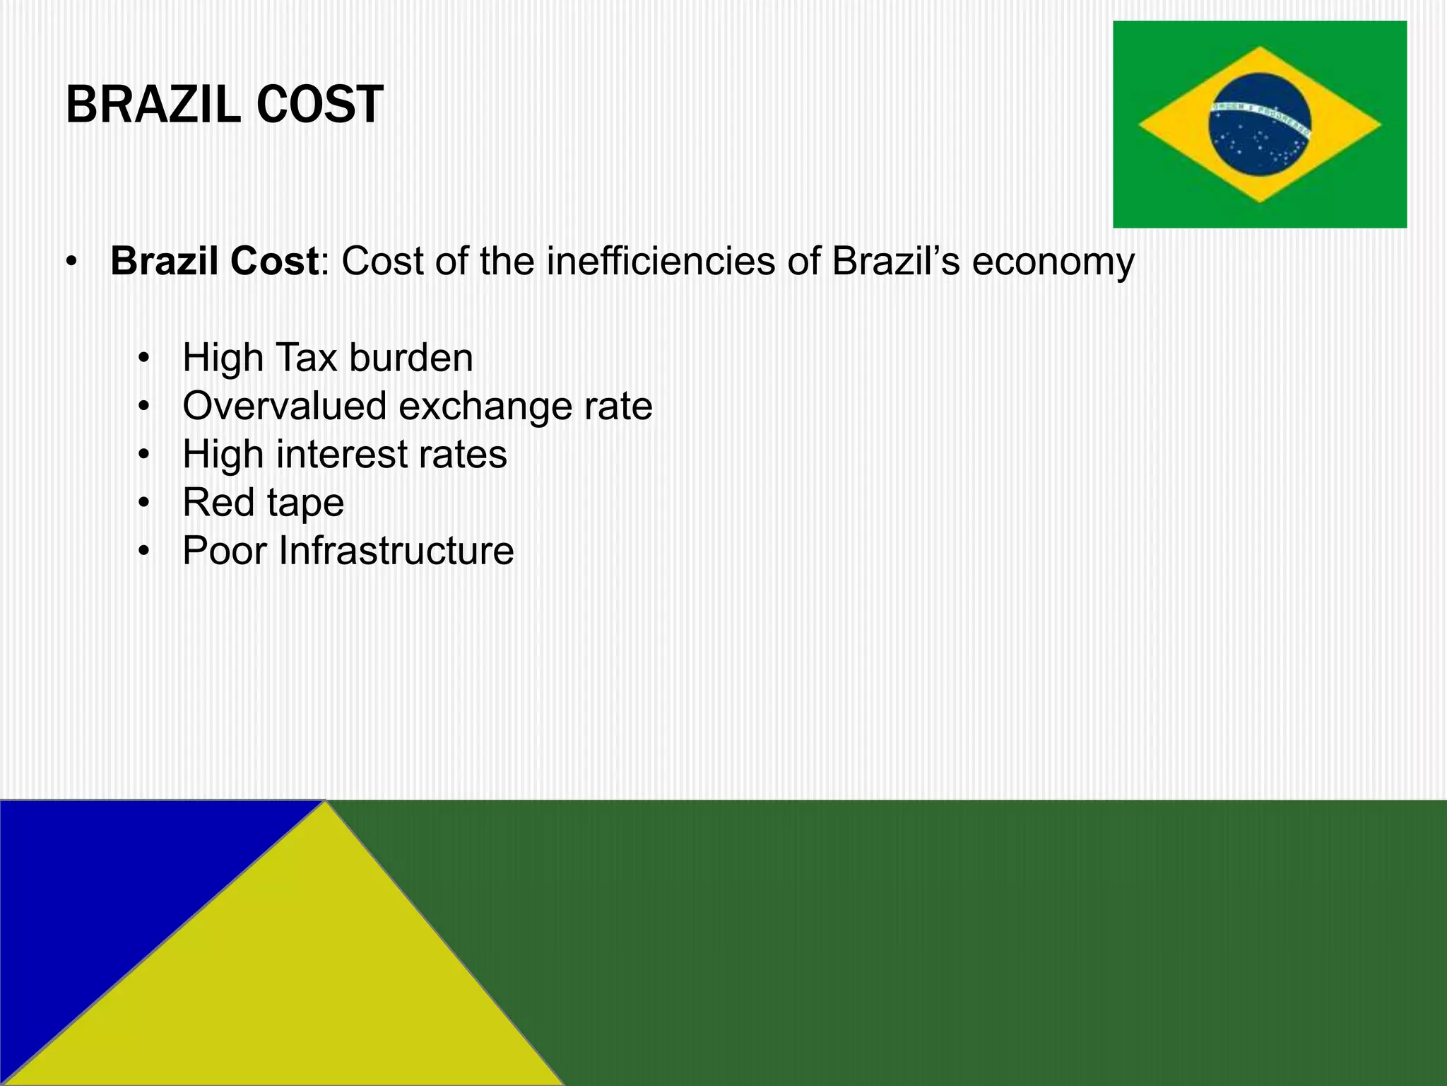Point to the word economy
coord(1053,262)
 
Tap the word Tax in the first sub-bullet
coord(306,358)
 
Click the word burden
coord(411,358)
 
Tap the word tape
coord(305,503)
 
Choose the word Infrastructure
coord(396,551)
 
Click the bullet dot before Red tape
coord(145,503)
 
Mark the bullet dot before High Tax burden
coord(145,358)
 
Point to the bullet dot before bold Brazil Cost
coord(71,262)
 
